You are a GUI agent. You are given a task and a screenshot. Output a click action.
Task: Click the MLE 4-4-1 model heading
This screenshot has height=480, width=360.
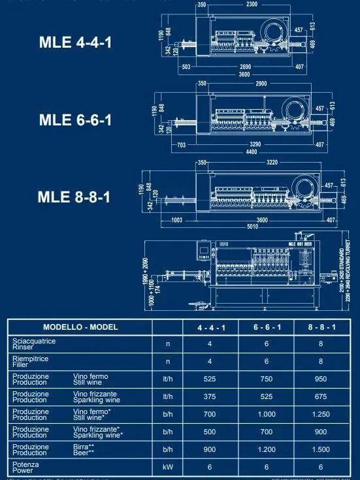tap(76, 44)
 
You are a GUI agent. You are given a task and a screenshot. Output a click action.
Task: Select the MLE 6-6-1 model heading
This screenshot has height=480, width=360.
tap(76, 120)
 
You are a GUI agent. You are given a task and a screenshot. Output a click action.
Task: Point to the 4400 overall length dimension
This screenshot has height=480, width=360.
tap(252, 152)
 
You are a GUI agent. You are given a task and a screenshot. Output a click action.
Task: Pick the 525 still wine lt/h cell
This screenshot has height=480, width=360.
tap(209, 378)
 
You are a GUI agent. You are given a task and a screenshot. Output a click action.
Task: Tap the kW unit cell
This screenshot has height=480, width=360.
tap(167, 468)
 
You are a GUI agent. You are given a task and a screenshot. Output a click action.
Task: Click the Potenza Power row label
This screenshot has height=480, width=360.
tap(22, 468)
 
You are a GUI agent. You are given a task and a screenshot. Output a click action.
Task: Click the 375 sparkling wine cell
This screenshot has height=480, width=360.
tap(209, 396)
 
